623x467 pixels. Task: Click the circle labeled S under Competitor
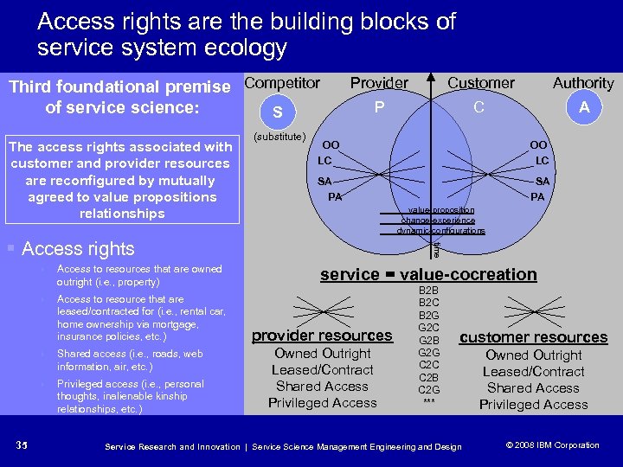point(277,112)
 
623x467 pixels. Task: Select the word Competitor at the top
point(282,83)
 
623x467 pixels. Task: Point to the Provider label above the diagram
point(379,83)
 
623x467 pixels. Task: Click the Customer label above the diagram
point(481,83)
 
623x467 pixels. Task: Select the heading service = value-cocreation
point(428,274)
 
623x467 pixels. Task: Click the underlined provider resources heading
point(322,336)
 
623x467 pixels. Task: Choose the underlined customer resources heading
point(533,337)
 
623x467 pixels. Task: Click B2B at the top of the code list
point(428,291)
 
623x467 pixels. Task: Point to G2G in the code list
point(428,353)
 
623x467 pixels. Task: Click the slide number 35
point(23,445)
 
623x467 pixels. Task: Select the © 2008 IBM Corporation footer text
point(551,445)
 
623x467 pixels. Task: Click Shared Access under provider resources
point(322,387)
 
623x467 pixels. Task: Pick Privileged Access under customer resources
point(533,405)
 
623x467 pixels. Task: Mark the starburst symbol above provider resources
point(322,309)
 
